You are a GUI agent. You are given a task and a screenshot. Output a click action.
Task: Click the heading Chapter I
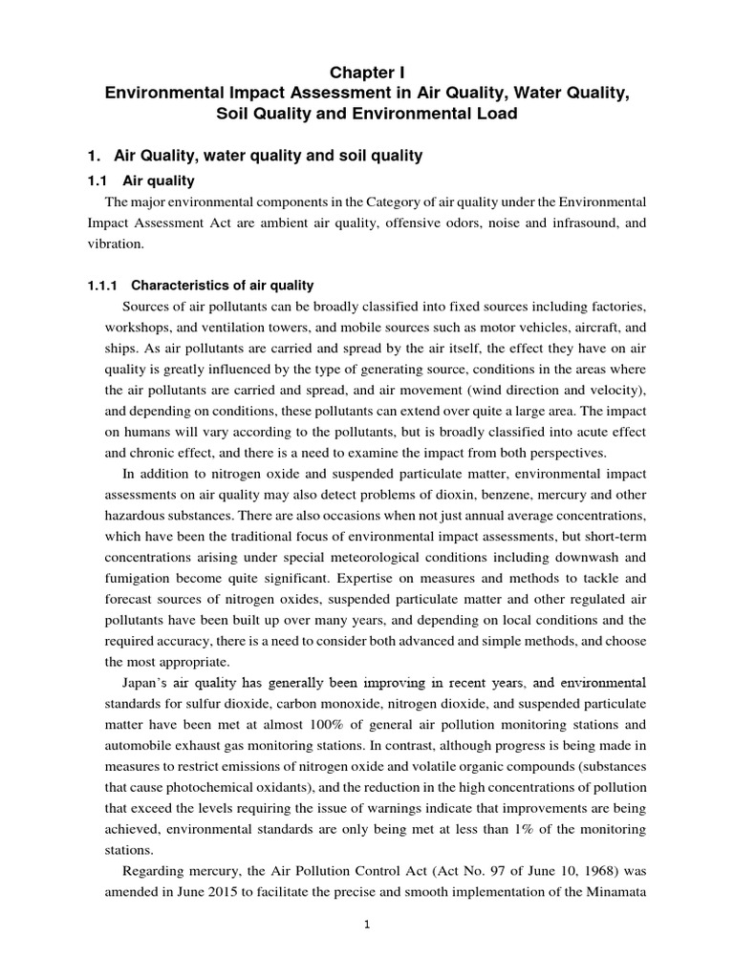pyautogui.click(x=367, y=72)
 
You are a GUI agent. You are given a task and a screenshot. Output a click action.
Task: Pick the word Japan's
pyautogui.click(x=149, y=682)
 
